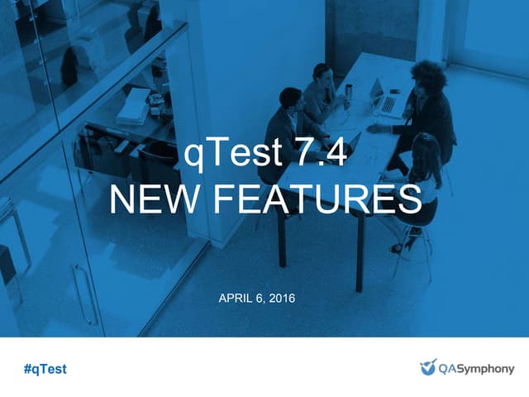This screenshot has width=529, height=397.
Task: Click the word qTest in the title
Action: [233, 153]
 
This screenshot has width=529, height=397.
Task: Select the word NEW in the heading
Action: [154, 198]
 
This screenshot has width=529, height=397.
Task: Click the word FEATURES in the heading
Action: [317, 198]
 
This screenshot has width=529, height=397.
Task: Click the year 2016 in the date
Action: [283, 298]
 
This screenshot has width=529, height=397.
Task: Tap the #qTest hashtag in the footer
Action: [45, 369]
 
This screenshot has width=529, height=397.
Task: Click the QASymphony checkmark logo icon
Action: [428, 367]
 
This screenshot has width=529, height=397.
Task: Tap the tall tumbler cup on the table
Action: [348, 95]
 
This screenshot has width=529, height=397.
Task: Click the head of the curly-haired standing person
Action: [428, 77]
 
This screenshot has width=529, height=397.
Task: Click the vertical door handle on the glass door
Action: [84, 294]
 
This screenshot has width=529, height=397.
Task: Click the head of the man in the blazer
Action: [289, 98]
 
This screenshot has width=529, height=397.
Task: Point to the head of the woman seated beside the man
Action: [322, 73]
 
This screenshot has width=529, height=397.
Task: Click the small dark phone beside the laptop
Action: [394, 91]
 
